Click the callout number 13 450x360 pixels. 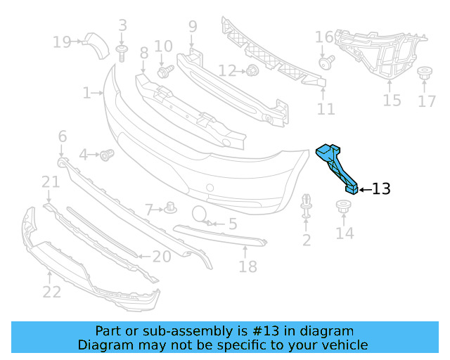click(x=380, y=188)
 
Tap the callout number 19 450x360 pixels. click(x=62, y=42)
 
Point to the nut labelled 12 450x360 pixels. click(x=250, y=70)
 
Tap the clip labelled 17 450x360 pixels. click(x=425, y=74)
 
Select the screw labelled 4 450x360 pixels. click(x=107, y=154)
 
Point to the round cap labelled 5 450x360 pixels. click(x=198, y=214)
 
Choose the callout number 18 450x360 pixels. click(x=247, y=266)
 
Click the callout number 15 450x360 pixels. click(x=392, y=101)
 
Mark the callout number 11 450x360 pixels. click(x=326, y=108)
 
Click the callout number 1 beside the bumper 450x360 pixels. click(x=87, y=92)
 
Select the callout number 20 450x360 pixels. click(x=161, y=257)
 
